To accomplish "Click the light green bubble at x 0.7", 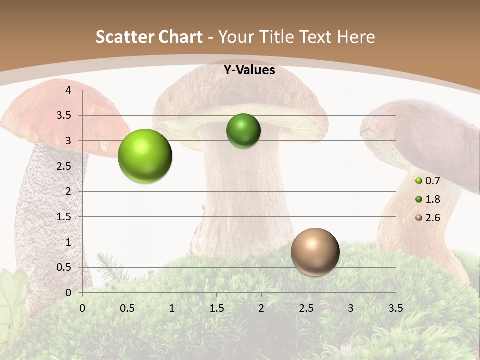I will click(x=145, y=156).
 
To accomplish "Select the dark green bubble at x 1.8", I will click(x=243, y=131).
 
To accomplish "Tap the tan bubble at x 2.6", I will click(x=315, y=252).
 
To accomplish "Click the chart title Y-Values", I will click(x=249, y=70).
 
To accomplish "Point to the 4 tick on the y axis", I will click(x=69, y=90).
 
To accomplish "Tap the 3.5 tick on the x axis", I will click(x=395, y=308).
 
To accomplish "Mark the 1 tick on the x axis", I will click(x=172, y=308).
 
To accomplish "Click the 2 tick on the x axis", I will click(x=261, y=308).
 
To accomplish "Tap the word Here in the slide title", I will click(x=356, y=37).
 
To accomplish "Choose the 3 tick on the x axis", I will click(x=351, y=308).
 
